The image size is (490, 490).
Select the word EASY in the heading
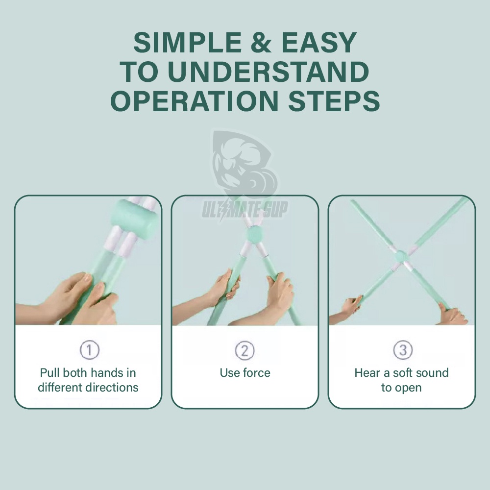tap(319, 42)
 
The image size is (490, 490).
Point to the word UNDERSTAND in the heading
tap(269, 72)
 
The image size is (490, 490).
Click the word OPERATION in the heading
tap(194, 101)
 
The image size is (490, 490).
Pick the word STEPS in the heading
tap(334, 101)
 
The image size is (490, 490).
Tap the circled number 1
tap(90, 350)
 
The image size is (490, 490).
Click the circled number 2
tap(245, 350)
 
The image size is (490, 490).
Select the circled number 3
tap(403, 350)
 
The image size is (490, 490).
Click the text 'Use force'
tap(245, 373)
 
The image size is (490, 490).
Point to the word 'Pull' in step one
tap(49, 373)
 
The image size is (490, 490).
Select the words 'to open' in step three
tap(401, 388)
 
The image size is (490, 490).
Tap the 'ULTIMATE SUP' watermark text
tap(245, 209)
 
